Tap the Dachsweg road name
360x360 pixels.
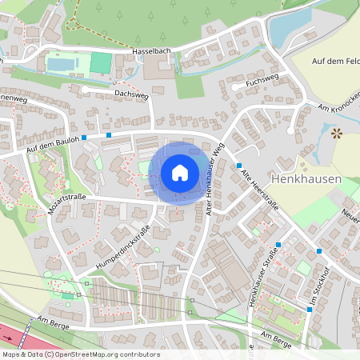click(x=131, y=94)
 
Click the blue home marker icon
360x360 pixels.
click(x=179, y=173)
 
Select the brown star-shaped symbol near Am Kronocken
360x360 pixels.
click(x=337, y=133)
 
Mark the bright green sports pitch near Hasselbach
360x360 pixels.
click(x=101, y=62)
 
